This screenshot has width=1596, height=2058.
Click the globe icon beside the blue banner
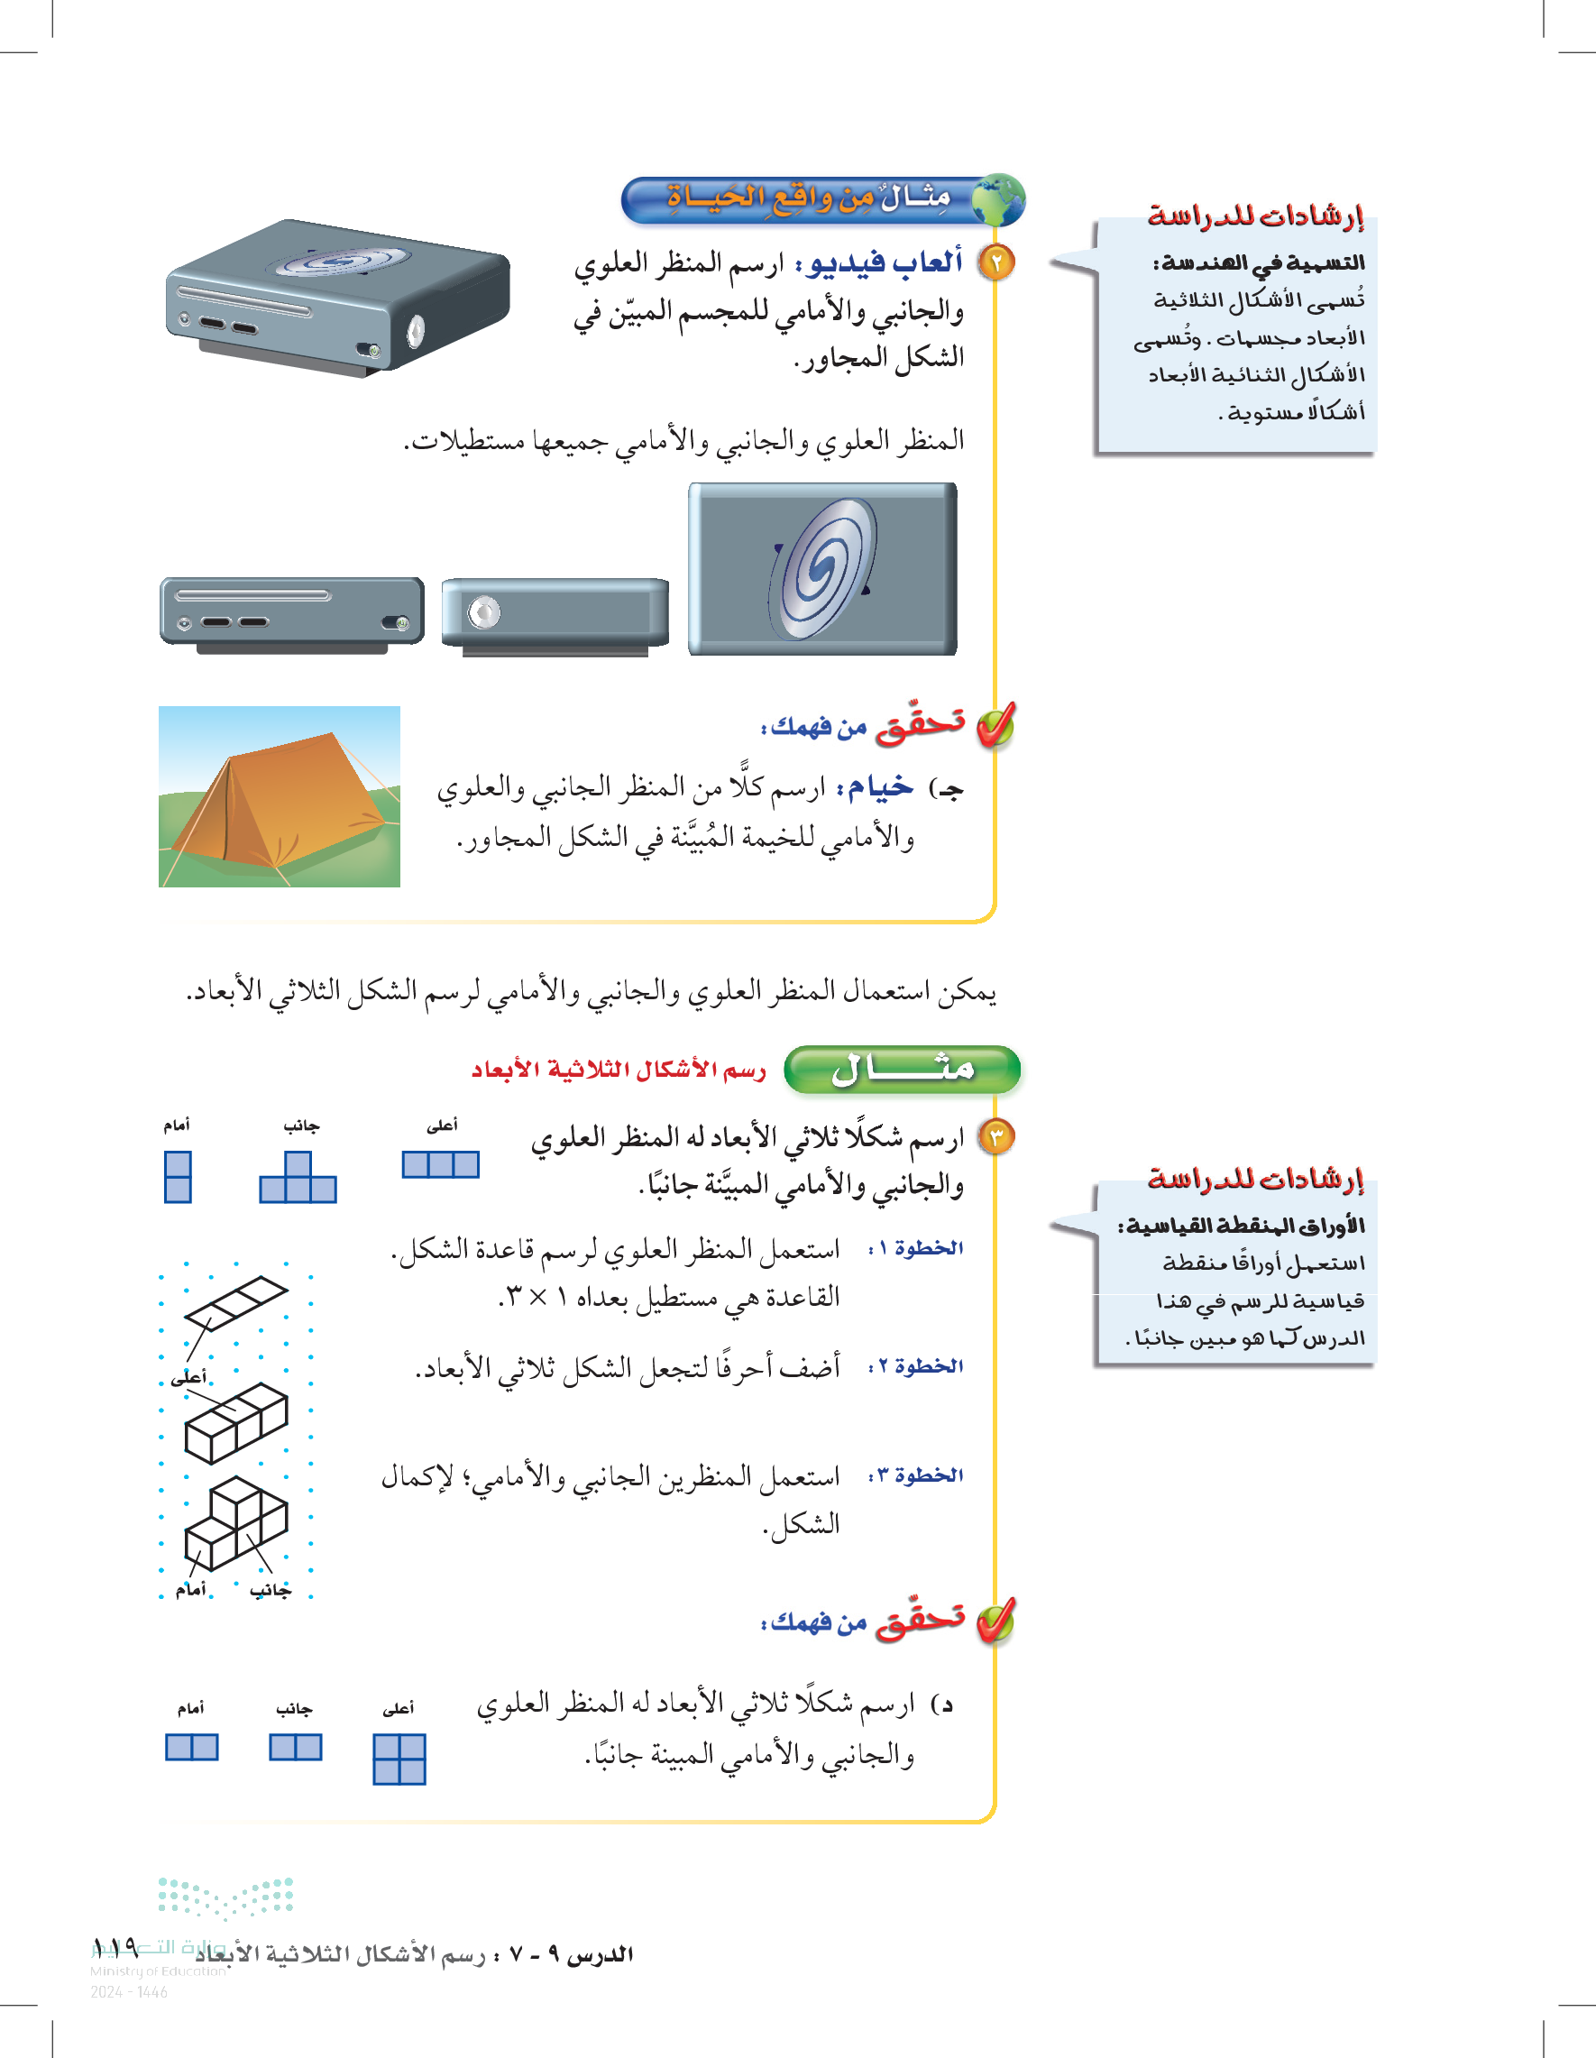click(998, 200)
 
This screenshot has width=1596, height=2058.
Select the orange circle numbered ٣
click(995, 1137)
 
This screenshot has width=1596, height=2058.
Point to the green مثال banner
click(902, 1070)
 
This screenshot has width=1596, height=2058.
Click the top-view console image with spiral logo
click(821, 569)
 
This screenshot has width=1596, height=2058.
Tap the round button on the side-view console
click(484, 612)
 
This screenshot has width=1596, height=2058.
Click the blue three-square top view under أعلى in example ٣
click(440, 1164)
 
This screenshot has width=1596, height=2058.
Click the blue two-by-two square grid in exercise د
click(399, 1759)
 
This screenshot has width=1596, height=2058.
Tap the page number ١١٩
click(115, 1947)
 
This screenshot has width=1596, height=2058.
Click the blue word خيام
click(880, 786)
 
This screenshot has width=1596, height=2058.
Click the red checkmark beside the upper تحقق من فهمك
click(995, 726)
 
